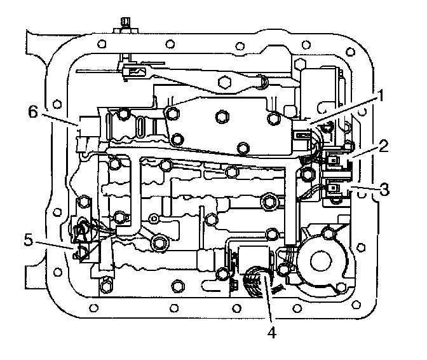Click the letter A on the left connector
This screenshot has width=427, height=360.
point(82,230)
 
